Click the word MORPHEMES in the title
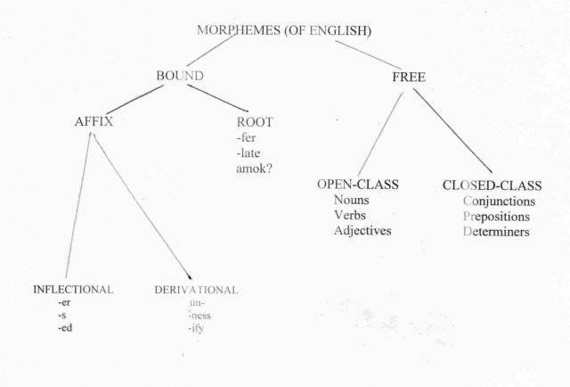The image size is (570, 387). pos(239,30)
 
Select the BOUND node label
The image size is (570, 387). pos(180,76)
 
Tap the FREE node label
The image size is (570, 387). pos(409,78)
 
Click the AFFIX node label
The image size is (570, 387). pos(94,121)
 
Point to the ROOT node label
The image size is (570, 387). pos(255,122)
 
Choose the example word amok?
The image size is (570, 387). pos(254,169)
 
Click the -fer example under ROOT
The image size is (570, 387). pos(246,137)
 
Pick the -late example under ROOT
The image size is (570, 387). pos(248,153)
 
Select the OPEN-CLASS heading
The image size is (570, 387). pos(358,185)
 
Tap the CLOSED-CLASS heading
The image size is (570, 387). pos(492,185)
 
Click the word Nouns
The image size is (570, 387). pos(351,200)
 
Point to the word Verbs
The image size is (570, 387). pos(350,215)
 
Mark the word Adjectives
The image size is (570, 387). pos(362,230)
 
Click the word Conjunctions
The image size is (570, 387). pos(499,202)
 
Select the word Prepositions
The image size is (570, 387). pos(496,217)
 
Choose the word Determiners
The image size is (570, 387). pos(496,232)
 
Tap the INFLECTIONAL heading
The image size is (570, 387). pos(73,290)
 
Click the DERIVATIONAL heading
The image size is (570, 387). pos(196,290)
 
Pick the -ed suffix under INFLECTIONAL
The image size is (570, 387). pos(65,328)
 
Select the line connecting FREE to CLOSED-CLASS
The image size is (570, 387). pos(452,130)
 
